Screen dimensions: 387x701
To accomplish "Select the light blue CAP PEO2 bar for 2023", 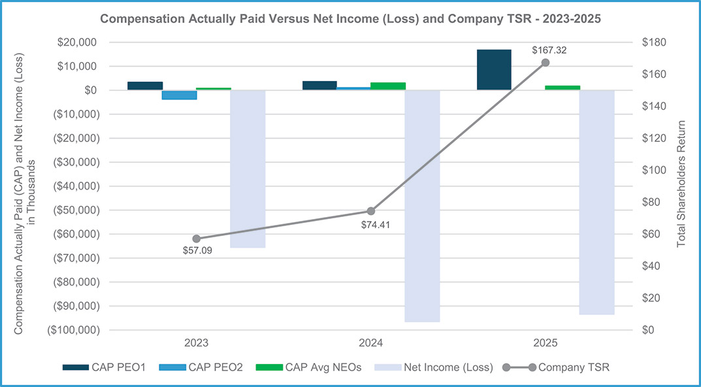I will [179, 95].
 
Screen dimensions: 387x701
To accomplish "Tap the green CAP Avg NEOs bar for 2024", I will [388, 86].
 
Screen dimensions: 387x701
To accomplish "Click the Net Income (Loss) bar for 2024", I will [422, 206].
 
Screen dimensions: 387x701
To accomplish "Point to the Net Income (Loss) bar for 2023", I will [248, 169].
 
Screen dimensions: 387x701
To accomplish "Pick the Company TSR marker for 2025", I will [546, 63].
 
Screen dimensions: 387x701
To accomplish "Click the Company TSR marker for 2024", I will [371, 211].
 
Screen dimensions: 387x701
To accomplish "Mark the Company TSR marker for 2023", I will [197, 239].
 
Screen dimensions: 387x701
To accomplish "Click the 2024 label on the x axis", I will [371, 343].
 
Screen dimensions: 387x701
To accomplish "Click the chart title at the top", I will [350, 19].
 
